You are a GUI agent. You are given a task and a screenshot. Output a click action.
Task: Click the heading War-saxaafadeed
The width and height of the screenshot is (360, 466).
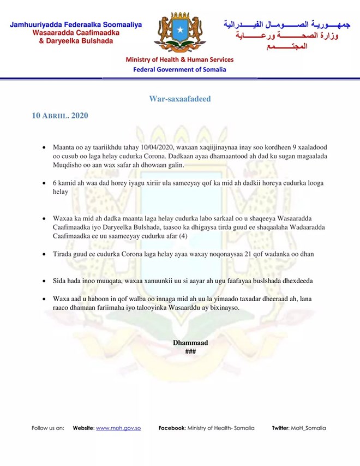180,99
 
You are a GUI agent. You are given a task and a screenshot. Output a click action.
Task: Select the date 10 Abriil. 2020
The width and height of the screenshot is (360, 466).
60,116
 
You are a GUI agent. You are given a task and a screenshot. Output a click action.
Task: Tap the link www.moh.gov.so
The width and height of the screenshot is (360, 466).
118,428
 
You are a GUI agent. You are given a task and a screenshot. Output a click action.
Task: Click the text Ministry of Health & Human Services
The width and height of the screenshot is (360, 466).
180,59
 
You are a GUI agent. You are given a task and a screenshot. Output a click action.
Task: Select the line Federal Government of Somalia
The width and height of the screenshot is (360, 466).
180,69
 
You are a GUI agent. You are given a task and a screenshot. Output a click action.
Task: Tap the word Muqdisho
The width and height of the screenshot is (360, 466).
67,165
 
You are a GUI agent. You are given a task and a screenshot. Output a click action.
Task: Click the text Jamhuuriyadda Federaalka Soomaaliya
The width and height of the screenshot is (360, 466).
76,25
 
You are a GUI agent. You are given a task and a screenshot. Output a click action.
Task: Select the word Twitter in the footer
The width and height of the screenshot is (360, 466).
282,428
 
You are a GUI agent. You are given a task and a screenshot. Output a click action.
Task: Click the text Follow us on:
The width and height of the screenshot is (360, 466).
48,428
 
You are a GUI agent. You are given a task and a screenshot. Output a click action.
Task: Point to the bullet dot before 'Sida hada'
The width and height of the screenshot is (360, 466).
44,280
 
